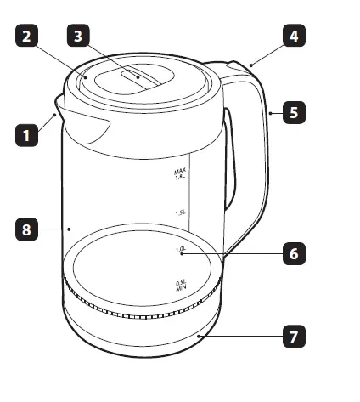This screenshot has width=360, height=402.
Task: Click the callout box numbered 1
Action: [x=26, y=134]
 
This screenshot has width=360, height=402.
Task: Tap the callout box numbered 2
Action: [x=26, y=37]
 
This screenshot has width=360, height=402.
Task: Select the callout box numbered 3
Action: [x=79, y=37]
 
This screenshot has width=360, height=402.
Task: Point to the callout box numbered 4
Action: [x=294, y=37]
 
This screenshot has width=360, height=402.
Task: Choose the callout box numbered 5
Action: [x=294, y=111]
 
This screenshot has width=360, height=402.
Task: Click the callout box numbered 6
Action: [x=294, y=253]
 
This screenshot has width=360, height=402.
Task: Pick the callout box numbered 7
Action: [x=294, y=337]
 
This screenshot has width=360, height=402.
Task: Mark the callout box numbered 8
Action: [x=26, y=229]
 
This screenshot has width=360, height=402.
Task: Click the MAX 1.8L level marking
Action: [x=180, y=175]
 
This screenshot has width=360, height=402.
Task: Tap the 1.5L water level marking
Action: [x=180, y=213]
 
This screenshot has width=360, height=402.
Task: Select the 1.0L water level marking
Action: [x=180, y=250]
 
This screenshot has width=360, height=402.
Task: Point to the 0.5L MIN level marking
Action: [x=181, y=286]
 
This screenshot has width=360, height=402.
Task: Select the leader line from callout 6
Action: [x=233, y=253]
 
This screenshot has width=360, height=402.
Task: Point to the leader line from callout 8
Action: [x=53, y=229]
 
